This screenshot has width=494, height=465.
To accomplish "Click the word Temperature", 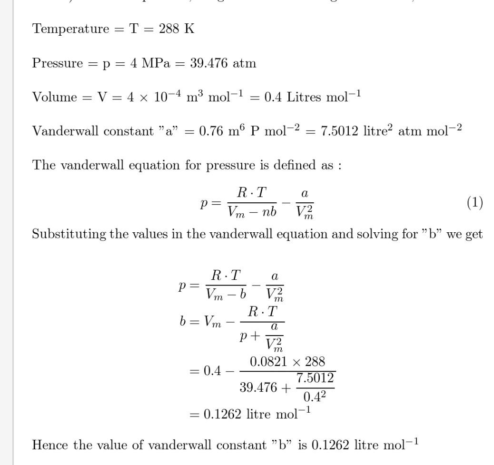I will click(70, 29).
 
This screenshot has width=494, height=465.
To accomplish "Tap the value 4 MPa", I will click(150, 63).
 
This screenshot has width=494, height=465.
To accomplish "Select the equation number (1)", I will click(474, 203).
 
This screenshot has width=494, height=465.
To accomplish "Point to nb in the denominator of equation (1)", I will click(268, 212).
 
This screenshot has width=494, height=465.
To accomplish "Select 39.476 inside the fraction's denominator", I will click(258, 387).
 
